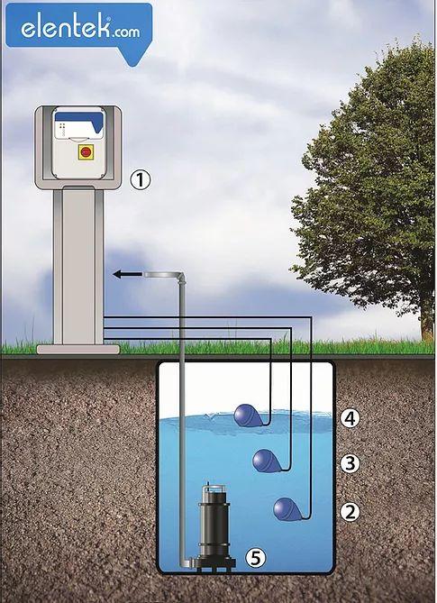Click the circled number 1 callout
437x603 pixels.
[141, 180]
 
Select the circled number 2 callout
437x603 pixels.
[351, 512]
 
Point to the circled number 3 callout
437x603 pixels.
[351, 463]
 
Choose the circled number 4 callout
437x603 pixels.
[351, 418]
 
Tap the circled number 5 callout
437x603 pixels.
[256, 557]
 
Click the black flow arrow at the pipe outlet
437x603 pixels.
[128, 274]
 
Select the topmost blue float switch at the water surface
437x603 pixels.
[248, 415]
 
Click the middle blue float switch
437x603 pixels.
[267, 461]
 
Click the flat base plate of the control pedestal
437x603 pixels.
[78, 349]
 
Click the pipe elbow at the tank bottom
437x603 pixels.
[187, 562]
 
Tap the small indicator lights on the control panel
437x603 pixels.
[62, 126]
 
